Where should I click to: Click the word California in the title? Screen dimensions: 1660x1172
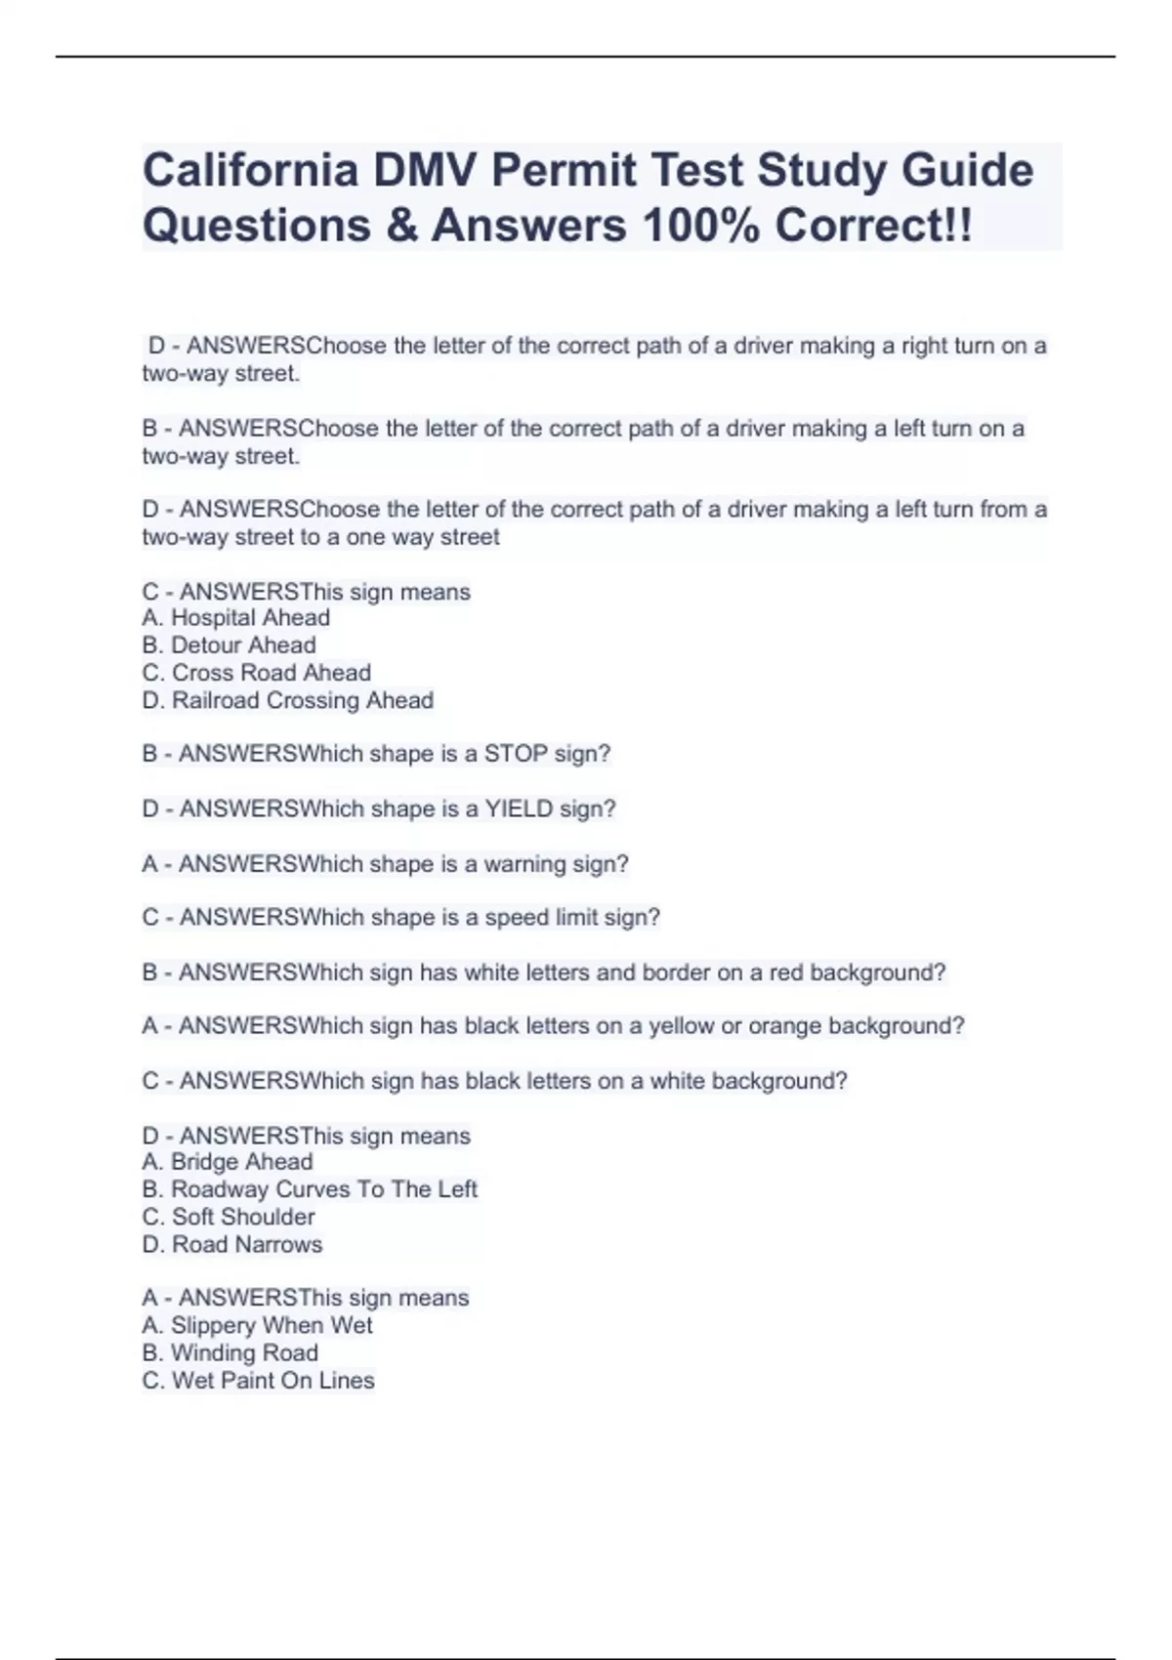(x=250, y=171)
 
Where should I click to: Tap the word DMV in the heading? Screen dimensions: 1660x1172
(x=423, y=171)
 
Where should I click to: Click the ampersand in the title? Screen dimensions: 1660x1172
(x=401, y=226)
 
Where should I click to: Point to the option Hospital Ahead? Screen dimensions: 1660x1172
(x=250, y=618)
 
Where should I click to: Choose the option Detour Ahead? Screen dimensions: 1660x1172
(x=243, y=645)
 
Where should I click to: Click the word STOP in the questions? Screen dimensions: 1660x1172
(x=516, y=754)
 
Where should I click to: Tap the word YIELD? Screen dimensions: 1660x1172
(x=519, y=809)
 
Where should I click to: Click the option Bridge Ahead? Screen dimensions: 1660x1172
(x=241, y=1162)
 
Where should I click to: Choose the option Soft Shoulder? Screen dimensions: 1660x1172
(x=243, y=1217)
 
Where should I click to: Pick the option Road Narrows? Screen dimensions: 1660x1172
(x=246, y=1244)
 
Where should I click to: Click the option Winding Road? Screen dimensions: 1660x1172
(x=244, y=1352)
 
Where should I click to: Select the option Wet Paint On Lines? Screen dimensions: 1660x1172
(x=272, y=1380)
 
